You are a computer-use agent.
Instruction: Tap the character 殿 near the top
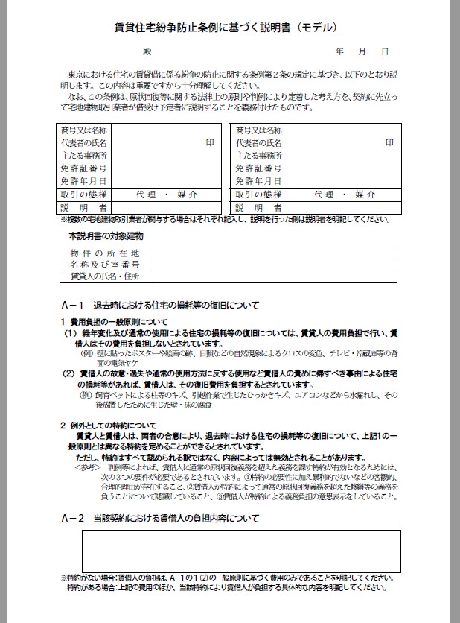pyautogui.click(x=147, y=52)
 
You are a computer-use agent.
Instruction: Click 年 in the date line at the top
pyautogui.click(x=340, y=52)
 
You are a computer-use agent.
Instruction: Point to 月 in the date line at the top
pyautogui.click(x=362, y=52)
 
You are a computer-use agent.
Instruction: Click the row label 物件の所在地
pyautogui.click(x=105, y=253)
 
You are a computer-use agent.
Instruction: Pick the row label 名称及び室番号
pyautogui.click(x=105, y=265)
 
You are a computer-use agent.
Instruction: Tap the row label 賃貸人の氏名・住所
pyautogui.click(x=105, y=276)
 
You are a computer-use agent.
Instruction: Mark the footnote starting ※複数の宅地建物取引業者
pyautogui.click(x=223, y=219)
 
